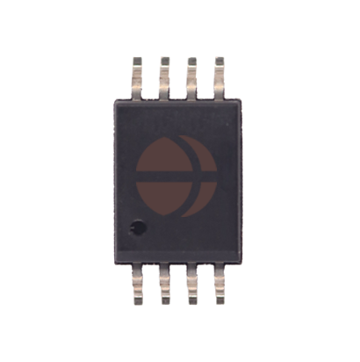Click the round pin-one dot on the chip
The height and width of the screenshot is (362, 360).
point(136,229)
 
